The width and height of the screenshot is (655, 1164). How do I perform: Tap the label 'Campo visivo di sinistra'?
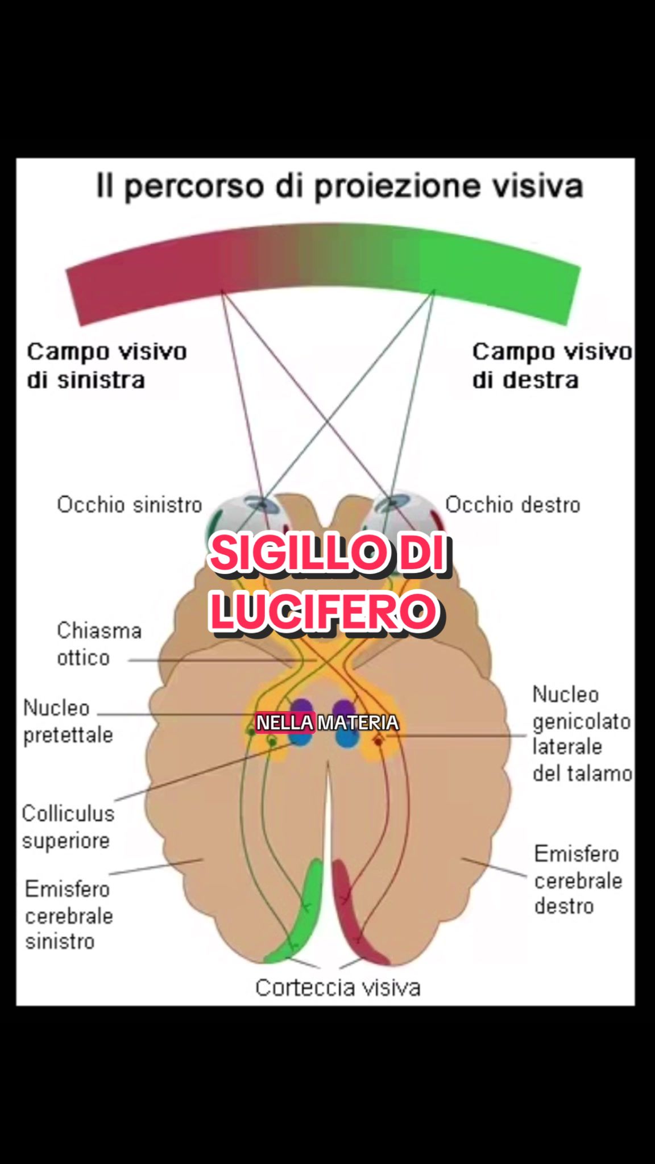107,365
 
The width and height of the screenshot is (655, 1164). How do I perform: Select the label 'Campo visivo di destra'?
552,365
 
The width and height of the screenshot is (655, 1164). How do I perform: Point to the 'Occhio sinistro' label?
130,505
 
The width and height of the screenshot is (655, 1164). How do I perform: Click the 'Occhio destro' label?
512,505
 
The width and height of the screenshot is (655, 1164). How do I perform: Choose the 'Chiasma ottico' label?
99,644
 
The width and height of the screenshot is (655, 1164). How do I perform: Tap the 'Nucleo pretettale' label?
68,721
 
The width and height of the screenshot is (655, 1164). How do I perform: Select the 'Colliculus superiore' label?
68,827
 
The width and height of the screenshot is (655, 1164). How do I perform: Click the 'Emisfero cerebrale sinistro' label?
69,915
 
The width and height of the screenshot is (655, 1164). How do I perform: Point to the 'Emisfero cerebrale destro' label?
578,880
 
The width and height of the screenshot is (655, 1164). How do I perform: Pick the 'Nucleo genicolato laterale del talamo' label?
582,734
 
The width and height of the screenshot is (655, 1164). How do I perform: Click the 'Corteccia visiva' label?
338,988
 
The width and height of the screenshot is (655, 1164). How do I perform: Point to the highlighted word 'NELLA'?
284,723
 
